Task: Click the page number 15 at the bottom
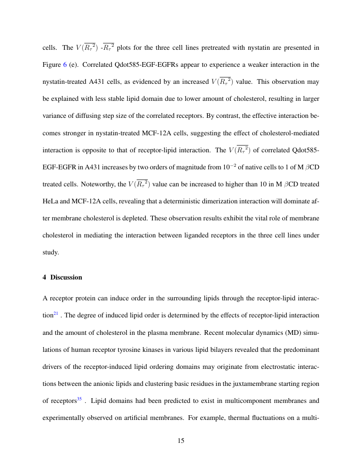pyautogui.click(x=181, y=441)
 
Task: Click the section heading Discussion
pyautogui.click(x=66, y=277)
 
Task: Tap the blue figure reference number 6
pyautogui.click(x=65, y=64)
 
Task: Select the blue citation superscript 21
pyautogui.click(x=55, y=314)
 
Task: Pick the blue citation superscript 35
pyautogui.click(x=80, y=399)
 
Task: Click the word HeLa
pyautogui.click(x=51, y=201)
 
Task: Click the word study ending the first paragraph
pyautogui.click(x=50, y=252)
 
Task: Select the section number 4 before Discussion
pyautogui.click(x=45, y=277)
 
